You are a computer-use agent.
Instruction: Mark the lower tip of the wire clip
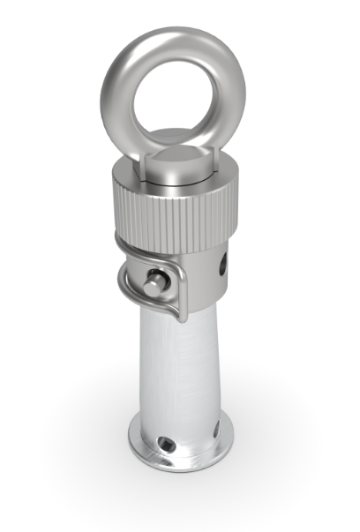click(182, 318)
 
